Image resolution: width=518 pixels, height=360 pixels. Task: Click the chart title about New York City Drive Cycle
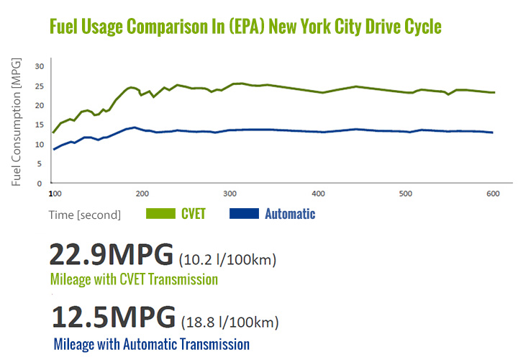coord(245,27)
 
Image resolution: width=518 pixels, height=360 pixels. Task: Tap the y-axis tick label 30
coord(40,66)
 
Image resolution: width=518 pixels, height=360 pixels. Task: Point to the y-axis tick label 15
coord(40,125)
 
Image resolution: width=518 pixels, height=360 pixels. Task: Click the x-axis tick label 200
coord(142,194)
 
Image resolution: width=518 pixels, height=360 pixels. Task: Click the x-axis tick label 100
coord(53,194)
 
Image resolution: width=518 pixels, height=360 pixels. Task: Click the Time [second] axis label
coord(84,215)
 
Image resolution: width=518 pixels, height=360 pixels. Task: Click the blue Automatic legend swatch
coord(244,214)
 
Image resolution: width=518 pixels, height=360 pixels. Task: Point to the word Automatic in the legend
coord(290,214)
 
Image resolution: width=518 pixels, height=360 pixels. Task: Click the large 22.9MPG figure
coord(111,255)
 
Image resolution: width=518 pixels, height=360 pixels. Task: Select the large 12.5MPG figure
coord(113,317)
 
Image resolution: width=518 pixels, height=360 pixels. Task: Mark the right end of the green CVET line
coord(494,92)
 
